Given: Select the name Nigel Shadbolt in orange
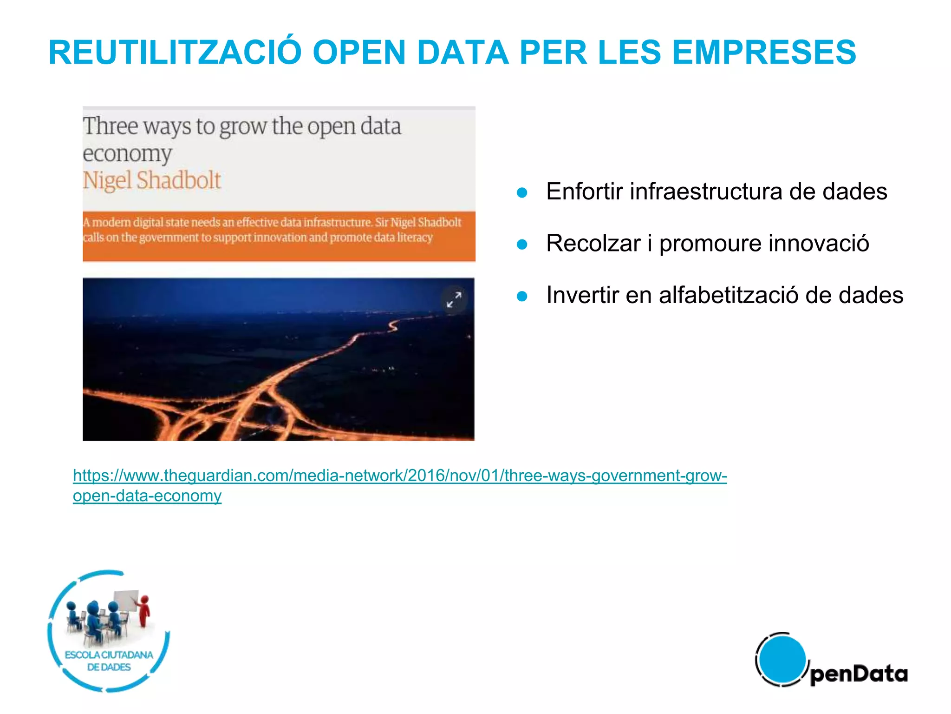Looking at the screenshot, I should (152, 180).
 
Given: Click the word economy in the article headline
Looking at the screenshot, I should (127, 154).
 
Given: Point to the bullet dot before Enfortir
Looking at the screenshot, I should (522, 193).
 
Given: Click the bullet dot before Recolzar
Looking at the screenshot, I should (522, 245).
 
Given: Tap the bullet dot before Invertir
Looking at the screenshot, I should (522, 296).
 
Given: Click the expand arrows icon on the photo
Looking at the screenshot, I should (454, 299).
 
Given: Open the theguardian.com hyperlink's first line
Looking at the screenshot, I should (399, 476).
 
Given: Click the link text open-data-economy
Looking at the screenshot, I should (147, 496).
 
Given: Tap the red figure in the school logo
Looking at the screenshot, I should (144, 610).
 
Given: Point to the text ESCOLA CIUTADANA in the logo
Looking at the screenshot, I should (109, 655).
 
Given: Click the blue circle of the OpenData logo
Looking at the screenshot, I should (782, 659).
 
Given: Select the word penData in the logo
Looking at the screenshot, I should (859, 674).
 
